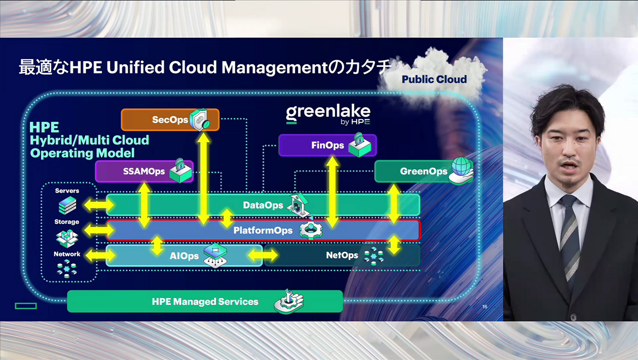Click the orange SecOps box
(x=170, y=120)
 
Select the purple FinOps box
(x=327, y=145)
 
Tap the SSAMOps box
(x=144, y=172)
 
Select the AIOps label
(x=184, y=256)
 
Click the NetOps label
(x=342, y=256)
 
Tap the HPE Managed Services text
(x=205, y=302)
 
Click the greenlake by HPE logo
(x=328, y=115)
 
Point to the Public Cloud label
(x=434, y=80)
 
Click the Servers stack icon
(x=67, y=205)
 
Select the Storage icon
(x=67, y=236)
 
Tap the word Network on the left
(x=67, y=254)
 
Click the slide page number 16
(x=484, y=307)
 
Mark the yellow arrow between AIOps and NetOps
(x=264, y=256)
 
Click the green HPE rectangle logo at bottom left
(x=26, y=306)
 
